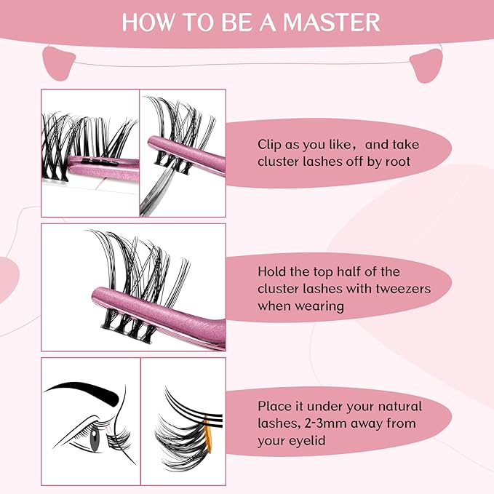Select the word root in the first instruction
coord(397,162)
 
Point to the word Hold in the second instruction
coord(274,271)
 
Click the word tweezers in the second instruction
coord(404,288)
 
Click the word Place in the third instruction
coord(275,406)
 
